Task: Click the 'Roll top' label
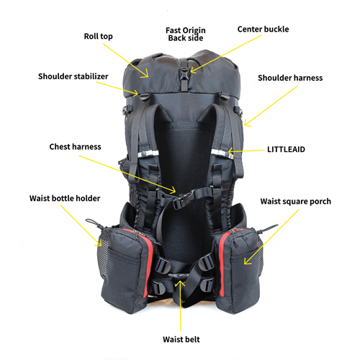pyautogui.click(x=98, y=37)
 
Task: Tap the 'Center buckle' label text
pyautogui.click(x=263, y=30)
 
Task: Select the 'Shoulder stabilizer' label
pyautogui.click(x=73, y=76)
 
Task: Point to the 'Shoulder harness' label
pyautogui.click(x=290, y=78)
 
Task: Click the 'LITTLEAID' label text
pyautogui.click(x=286, y=149)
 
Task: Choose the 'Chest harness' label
pyautogui.click(x=75, y=147)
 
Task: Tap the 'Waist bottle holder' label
pyautogui.click(x=65, y=198)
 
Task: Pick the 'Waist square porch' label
pyautogui.click(x=296, y=202)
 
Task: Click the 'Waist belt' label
pyautogui.click(x=181, y=339)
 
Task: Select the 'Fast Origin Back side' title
pyautogui.click(x=186, y=34)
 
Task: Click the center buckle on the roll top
pyautogui.click(x=184, y=72)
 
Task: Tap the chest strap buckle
pyautogui.click(x=184, y=198)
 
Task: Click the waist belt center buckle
pyautogui.click(x=177, y=276)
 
